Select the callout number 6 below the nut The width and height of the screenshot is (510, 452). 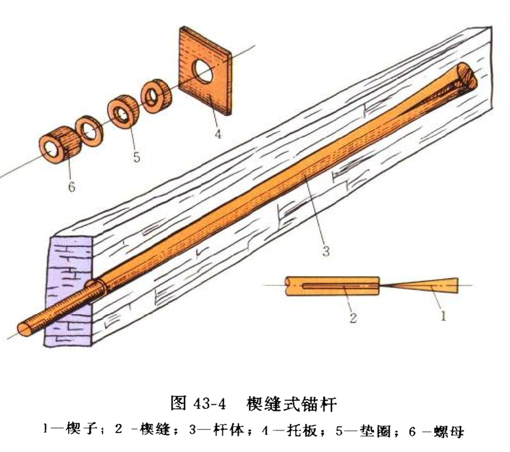[x=71, y=187]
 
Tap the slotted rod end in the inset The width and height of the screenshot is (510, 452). [x=333, y=286]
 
